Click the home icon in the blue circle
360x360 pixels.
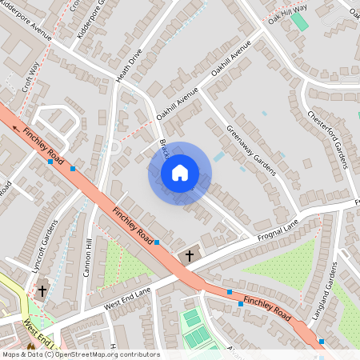point(179,173)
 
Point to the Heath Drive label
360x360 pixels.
point(128,65)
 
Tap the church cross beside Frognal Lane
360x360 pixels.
point(189,256)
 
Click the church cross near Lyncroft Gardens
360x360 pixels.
point(41,290)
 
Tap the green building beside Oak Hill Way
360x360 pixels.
point(299,21)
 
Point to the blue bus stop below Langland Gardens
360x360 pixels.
point(322,342)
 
